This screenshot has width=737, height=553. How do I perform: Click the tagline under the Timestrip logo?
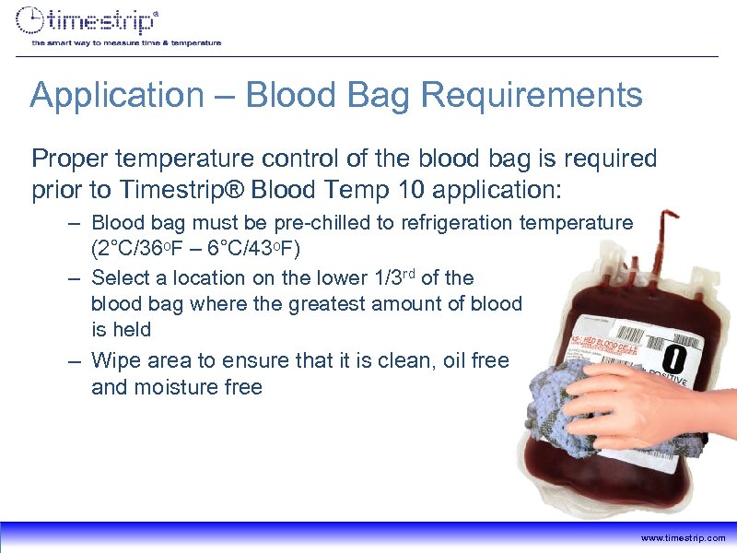(126, 42)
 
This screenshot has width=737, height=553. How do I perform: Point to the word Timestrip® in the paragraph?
(165, 190)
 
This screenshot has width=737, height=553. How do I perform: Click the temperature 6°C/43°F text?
(259, 250)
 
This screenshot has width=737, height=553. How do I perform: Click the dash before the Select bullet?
(75, 277)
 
